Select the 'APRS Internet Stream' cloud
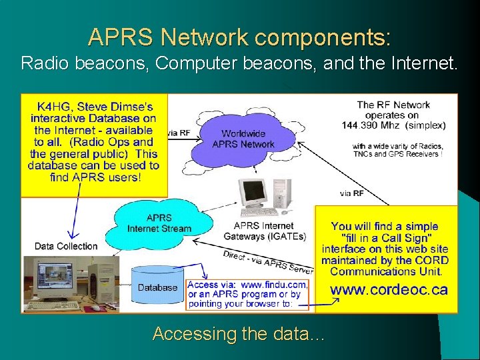pos(159,223)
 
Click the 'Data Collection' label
pos(66,246)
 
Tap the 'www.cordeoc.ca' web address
pos(389,289)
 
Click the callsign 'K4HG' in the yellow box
pos(52,107)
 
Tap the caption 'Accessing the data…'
pos(239,334)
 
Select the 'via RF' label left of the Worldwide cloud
pos(179,133)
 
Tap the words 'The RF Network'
pos(393,105)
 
